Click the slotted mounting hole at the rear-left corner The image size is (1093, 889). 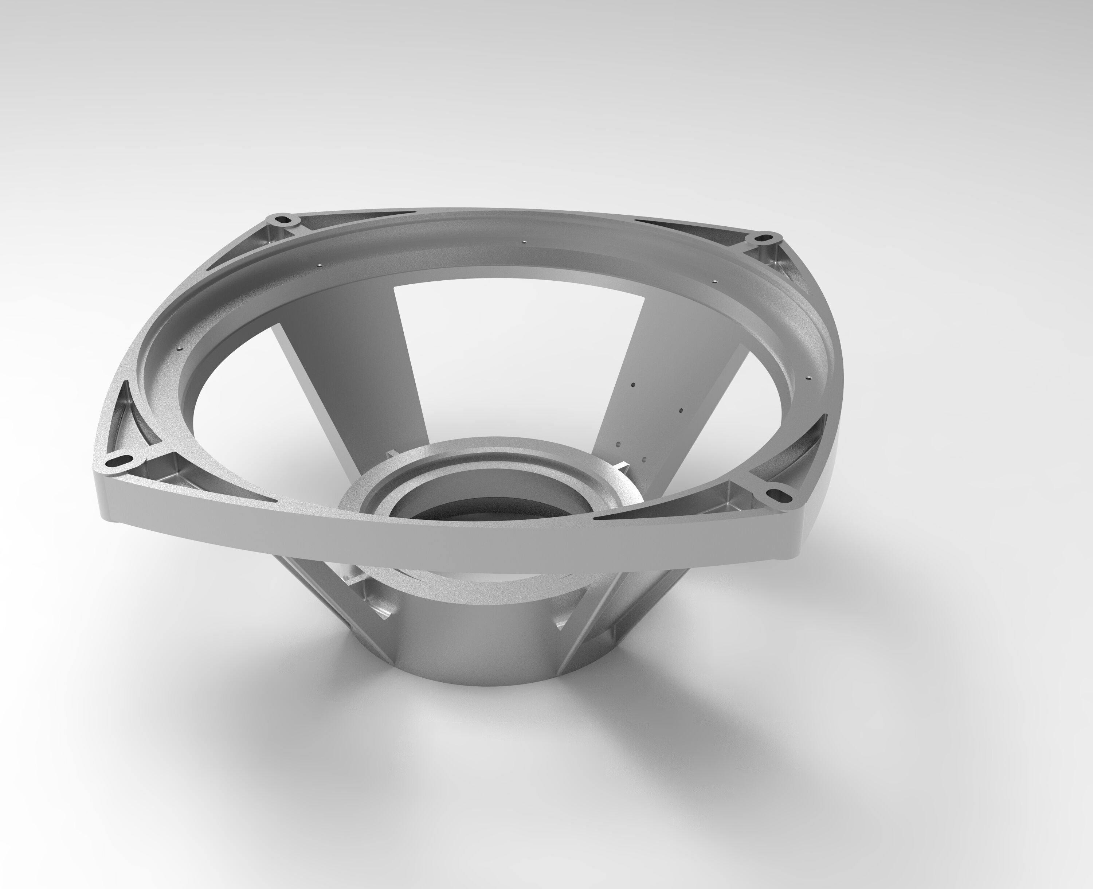(282, 221)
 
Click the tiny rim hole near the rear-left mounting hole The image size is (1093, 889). (319, 265)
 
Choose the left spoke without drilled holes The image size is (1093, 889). (353, 374)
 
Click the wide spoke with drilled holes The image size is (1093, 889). (661, 389)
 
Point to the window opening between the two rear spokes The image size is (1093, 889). (517, 358)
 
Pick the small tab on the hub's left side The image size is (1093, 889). (391, 453)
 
